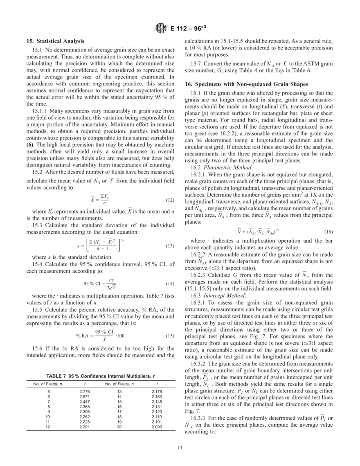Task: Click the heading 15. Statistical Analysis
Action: [x=55, y=41]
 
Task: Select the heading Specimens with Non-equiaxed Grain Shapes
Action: [x=244, y=83]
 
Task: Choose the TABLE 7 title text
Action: [x=101, y=376]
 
